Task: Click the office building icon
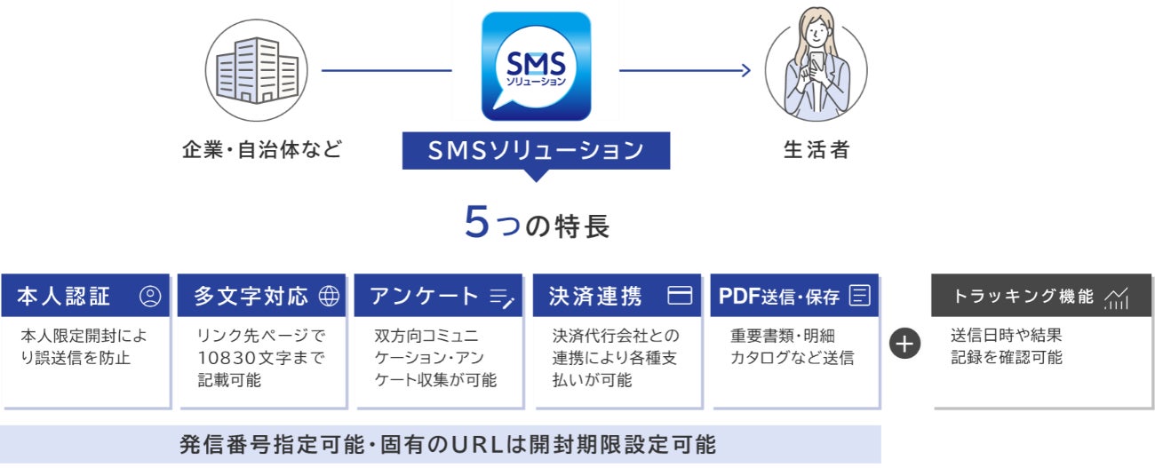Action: click(x=255, y=68)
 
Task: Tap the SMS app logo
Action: click(x=536, y=67)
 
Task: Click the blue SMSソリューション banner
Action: click(x=536, y=150)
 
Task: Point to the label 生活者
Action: click(x=816, y=149)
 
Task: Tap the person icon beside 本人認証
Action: click(x=150, y=297)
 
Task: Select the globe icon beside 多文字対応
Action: click(x=329, y=297)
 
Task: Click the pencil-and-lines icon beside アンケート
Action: click(x=502, y=298)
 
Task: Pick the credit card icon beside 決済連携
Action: click(x=680, y=297)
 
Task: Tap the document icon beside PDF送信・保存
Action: click(x=859, y=297)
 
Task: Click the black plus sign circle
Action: click(x=905, y=345)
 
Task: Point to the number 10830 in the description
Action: click(x=229, y=358)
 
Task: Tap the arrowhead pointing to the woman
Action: click(x=745, y=69)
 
